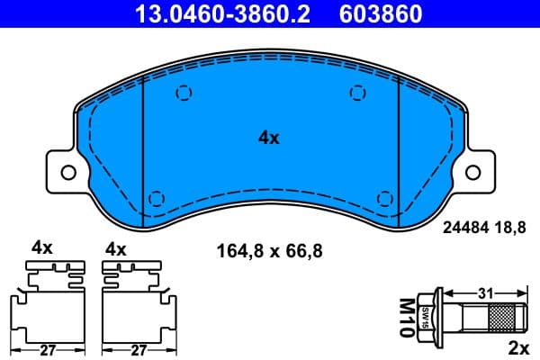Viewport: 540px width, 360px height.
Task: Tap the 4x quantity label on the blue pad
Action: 269,138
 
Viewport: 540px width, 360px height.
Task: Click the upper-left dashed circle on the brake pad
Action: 184,92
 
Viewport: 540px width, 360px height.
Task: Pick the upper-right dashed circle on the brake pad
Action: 357,92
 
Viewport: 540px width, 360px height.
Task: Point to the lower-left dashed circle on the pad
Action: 155,198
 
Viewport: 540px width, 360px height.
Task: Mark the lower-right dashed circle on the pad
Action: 384,198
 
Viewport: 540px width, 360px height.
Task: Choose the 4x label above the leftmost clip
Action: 42,247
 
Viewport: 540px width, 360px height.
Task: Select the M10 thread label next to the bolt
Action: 406,317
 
